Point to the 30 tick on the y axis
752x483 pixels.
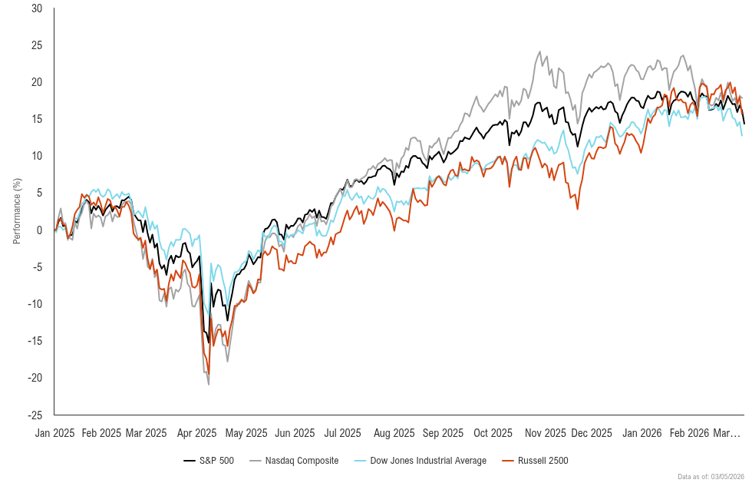(x=38, y=8)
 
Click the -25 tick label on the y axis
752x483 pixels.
(x=36, y=415)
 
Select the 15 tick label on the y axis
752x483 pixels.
(x=38, y=119)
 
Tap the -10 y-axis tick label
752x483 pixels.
(x=36, y=304)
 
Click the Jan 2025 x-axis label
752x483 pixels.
(x=54, y=433)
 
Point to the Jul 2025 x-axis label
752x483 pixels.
(x=343, y=433)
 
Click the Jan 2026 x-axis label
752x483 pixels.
(x=639, y=433)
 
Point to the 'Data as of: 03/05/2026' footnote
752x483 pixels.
(x=712, y=477)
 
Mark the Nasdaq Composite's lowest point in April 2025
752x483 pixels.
(x=209, y=383)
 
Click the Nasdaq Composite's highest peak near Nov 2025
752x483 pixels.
(x=540, y=52)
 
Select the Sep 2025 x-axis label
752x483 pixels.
(x=444, y=433)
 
